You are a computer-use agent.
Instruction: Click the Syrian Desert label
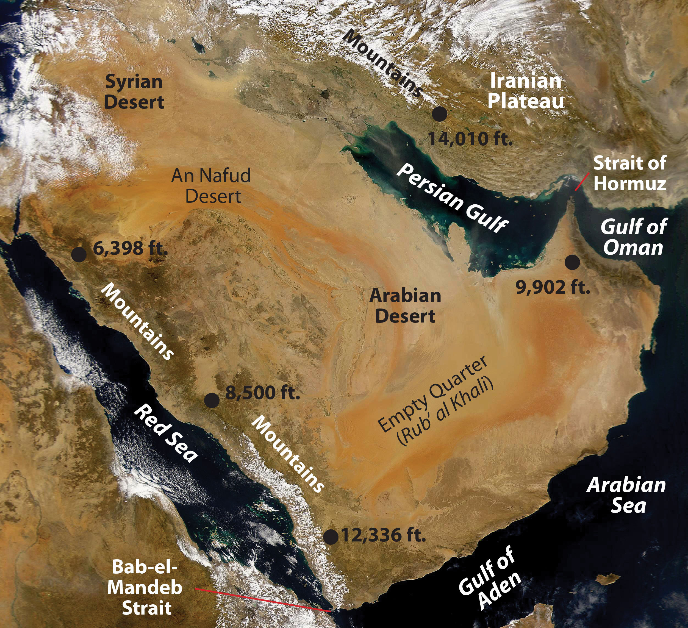tap(134, 92)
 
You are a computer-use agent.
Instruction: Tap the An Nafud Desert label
tap(211, 186)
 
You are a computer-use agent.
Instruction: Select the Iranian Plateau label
tap(526, 91)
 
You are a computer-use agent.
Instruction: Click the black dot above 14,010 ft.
tap(440, 114)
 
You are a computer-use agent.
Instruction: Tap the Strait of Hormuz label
tap(630, 173)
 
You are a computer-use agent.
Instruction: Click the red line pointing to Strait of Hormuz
tap(581, 182)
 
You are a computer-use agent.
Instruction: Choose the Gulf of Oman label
tap(633, 237)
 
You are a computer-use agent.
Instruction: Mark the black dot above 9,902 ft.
tap(572, 262)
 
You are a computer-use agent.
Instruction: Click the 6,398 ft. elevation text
tap(130, 248)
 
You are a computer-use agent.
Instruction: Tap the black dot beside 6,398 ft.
tap(79, 254)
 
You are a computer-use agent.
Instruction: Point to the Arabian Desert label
tap(405, 306)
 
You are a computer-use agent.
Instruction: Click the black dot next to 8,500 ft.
tap(212, 400)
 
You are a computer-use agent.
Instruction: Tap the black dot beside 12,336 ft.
tap(330, 537)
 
